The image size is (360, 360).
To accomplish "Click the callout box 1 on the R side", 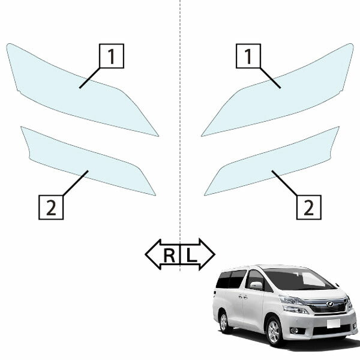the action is pyautogui.click(x=112, y=56).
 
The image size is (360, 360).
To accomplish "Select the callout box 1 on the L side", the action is pyautogui.click(x=248, y=56).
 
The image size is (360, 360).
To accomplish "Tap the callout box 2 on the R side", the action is pyautogui.click(x=51, y=208).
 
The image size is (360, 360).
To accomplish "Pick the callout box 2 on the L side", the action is pyautogui.click(x=309, y=208).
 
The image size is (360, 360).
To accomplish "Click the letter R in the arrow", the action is pyautogui.click(x=169, y=256).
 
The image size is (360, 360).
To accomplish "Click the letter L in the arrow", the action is pyautogui.click(x=191, y=256).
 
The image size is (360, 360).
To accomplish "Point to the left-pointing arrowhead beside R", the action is pyautogui.click(x=153, y=254).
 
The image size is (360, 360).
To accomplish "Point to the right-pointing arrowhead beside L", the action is pyautogui.click(x=207, y=254).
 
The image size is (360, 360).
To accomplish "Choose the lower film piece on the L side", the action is pyautogui.click(x=273, y=161).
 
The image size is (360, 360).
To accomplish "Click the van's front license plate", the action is pyautogui.click(x=334, y=323).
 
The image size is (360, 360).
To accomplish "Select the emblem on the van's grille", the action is pyautogui.click(x=330, y=304).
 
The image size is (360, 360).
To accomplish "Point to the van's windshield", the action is pyautogui.click(x=298, y=279).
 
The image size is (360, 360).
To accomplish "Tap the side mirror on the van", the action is pyautogui.click(x=256, y=286).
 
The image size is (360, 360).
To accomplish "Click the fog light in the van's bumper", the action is pyautogui.click(x=294, y=331).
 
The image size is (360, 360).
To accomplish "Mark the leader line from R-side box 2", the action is pyautogui.click(x=76, y=183).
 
